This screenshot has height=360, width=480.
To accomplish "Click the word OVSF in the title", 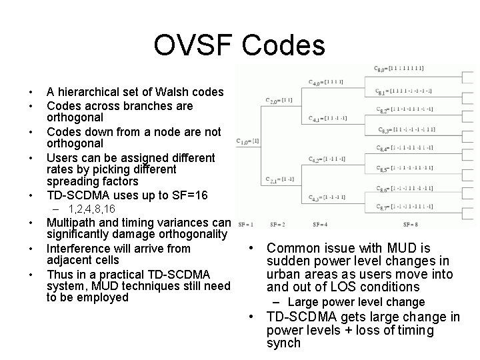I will tap(193, 45).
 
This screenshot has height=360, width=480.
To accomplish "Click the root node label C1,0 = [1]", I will tap(247, 141).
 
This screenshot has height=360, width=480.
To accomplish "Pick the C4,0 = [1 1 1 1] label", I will tap(326, 82).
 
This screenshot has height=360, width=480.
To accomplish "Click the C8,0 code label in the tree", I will tap(399, 68).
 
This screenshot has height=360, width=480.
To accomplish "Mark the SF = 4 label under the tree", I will tap(320, 225).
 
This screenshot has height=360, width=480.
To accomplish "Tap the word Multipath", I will tap(73, 222).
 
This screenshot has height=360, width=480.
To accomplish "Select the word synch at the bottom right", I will tap(284, 343).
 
